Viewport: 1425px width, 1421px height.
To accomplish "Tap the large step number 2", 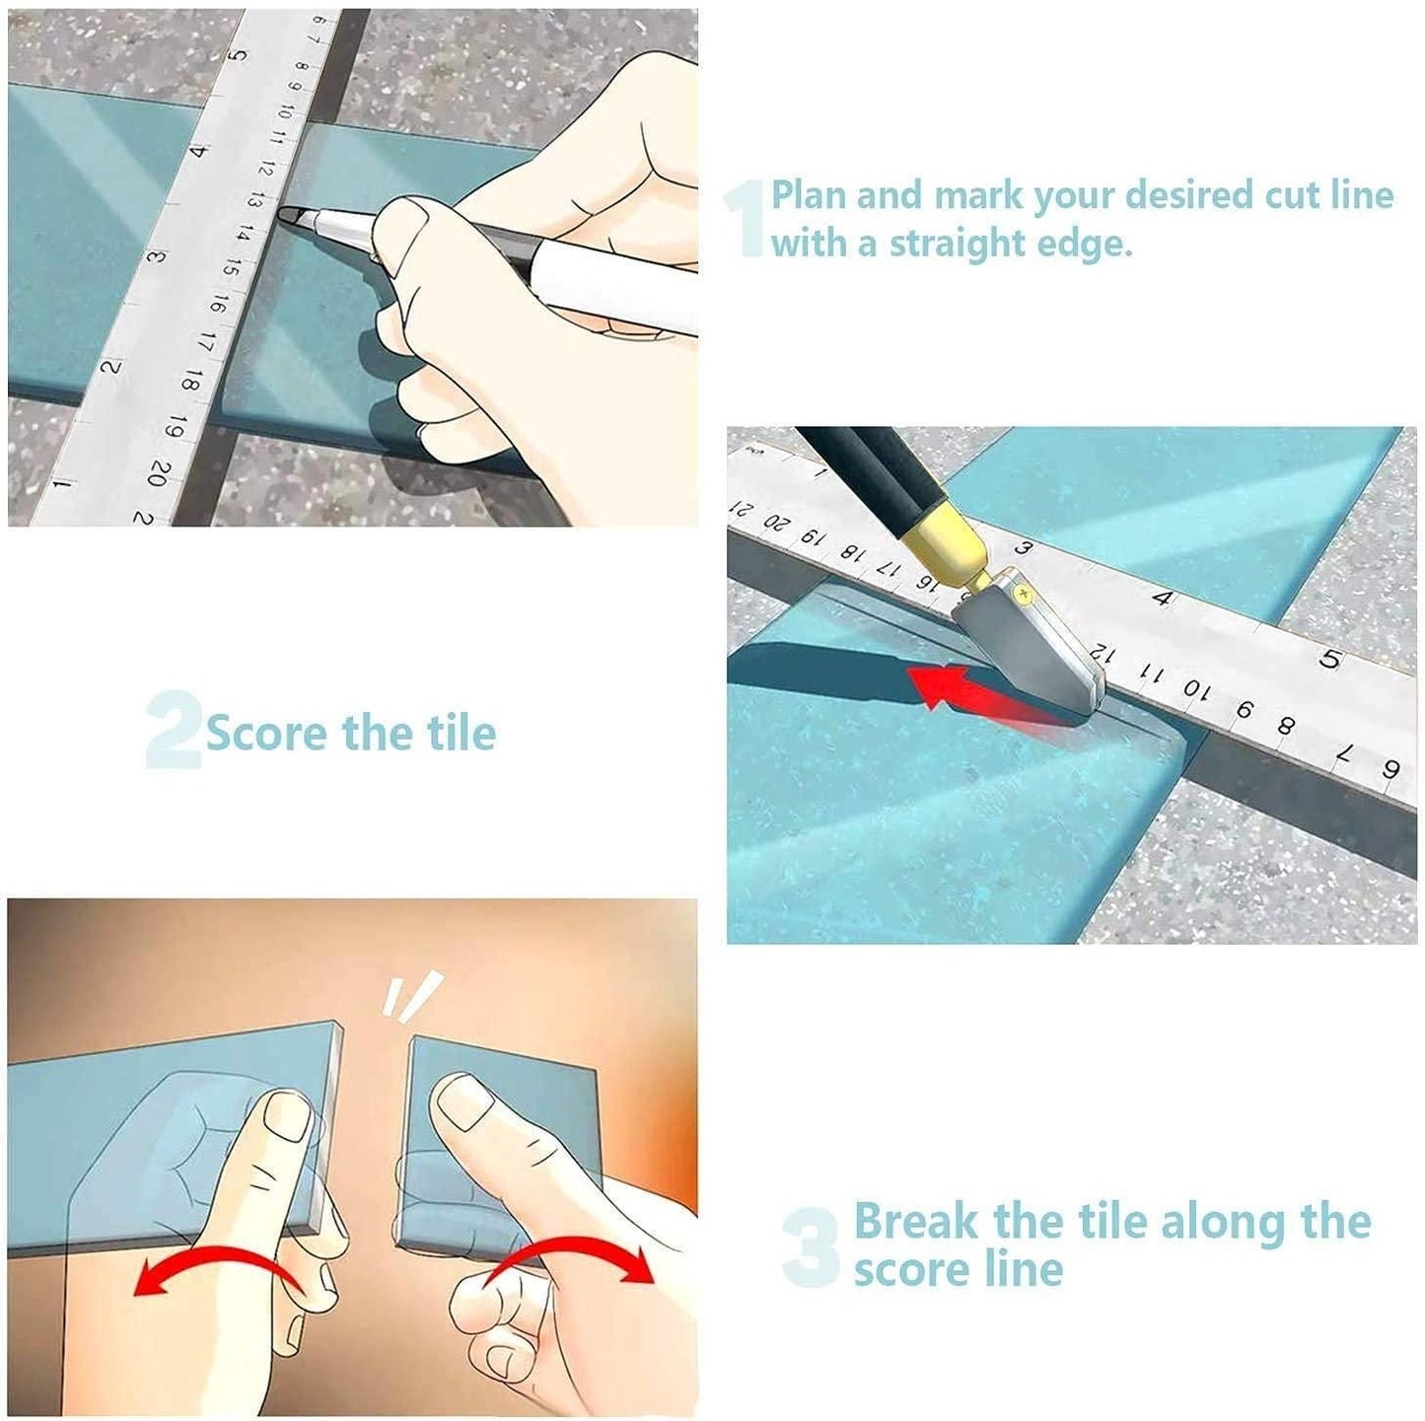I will coord(173,731).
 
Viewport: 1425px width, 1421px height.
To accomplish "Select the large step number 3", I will coord(811,1247).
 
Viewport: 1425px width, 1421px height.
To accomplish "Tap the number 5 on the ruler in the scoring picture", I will coord(1329,659).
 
